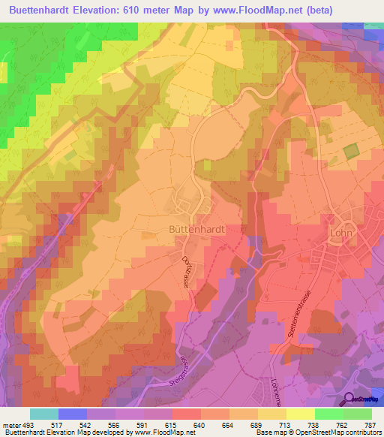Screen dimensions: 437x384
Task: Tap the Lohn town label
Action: (343, 234)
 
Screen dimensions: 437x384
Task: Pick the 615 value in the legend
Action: (171, 424)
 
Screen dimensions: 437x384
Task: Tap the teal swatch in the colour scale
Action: (44, 414)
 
